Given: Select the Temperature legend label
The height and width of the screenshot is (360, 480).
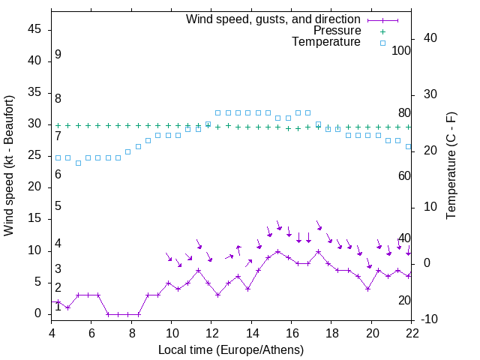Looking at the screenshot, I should point(326,43).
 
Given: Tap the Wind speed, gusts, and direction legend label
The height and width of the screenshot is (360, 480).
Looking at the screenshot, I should point(273,19).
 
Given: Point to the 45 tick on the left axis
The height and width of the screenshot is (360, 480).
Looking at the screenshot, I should point(34,29).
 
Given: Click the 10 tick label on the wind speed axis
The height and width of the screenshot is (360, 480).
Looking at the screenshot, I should point(34,250).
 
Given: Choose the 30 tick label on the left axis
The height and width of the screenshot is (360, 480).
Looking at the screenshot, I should point(34,124).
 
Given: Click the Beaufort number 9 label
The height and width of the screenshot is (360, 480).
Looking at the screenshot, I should point(58,55).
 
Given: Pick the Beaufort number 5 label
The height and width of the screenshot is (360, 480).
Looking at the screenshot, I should point(58,206).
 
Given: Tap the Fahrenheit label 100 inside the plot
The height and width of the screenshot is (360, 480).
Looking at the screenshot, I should point(401,51).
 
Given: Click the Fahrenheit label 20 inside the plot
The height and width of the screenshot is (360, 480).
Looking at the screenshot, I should point(404,301).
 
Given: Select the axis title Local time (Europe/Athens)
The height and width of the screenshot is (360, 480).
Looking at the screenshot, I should point(231,349).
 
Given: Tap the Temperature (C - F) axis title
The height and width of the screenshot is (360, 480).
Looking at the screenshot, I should point(451,166).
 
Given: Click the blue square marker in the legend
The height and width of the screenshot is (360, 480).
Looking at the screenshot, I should point(382,43).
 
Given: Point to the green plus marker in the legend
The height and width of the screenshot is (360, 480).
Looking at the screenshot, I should point(382,31).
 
